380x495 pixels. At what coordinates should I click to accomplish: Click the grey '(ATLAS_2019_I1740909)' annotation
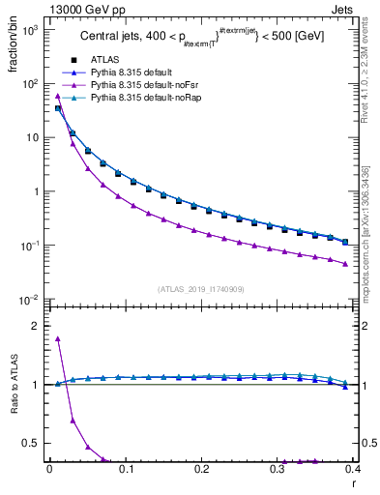pos(199,289)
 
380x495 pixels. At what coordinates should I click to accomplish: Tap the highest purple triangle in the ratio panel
pos(58,338)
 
